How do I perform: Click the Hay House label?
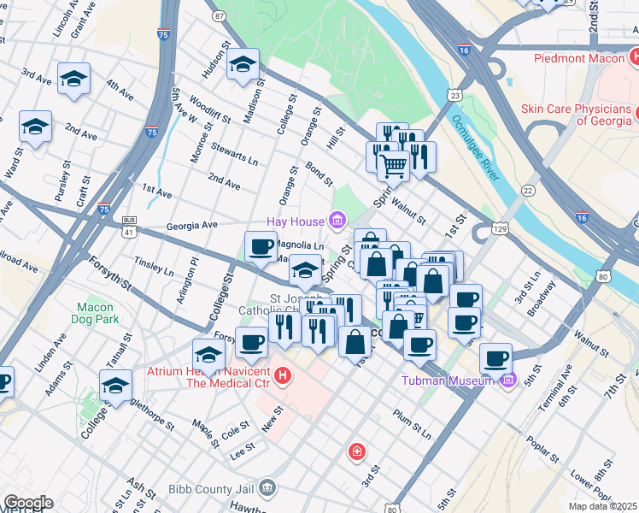[297, 221]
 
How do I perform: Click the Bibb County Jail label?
[209, 489]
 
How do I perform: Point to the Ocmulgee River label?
[475, 148]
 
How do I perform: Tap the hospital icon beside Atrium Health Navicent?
[284, 374]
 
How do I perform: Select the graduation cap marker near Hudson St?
[243, 65]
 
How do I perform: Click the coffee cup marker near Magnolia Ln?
[261, 247]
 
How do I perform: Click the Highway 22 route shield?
[528, 191]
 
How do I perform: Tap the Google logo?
[27, 503]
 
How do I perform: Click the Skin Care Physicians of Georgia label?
[580, 115]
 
